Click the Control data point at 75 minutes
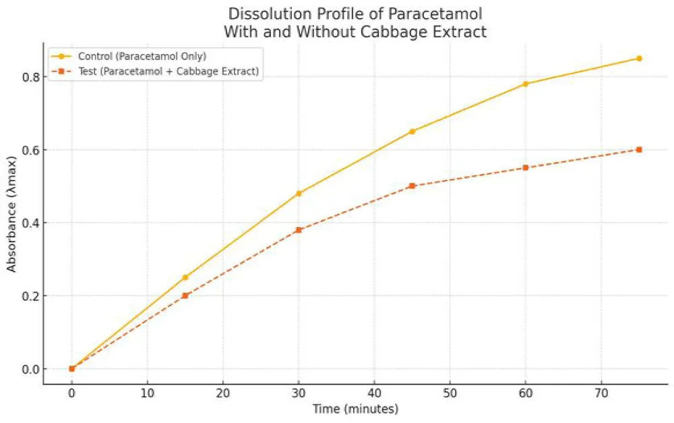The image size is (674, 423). [639, 59]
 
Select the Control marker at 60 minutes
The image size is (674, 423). [526, 84]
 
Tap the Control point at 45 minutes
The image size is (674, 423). [412, 132]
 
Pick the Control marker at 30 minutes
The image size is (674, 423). [299, 194]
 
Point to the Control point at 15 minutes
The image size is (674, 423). [185, 277]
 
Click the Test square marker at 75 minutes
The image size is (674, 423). [639, 150]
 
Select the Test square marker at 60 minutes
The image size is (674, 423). [526, 168]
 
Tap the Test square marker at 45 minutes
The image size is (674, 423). [412, 186]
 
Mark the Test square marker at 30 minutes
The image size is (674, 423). [299, 230]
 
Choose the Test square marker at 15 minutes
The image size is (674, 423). [185, 295]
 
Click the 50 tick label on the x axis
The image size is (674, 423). [450, 393]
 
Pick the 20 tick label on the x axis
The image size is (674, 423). [223, 393]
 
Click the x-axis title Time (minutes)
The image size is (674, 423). [355, 409]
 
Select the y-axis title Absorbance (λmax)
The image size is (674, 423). [11, 223]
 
